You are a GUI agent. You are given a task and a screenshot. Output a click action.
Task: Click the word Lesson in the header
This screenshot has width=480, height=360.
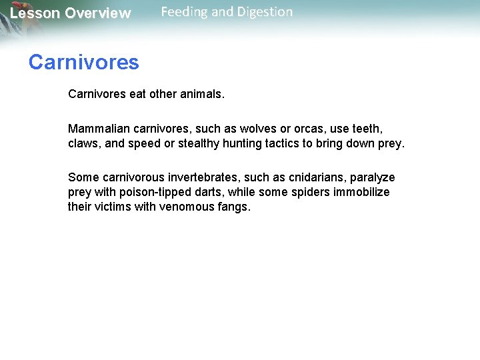click(35, 13)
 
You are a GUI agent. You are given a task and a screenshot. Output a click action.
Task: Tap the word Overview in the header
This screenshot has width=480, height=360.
click(98, 13)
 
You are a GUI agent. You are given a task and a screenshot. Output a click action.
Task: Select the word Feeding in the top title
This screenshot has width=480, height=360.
click(184, 12)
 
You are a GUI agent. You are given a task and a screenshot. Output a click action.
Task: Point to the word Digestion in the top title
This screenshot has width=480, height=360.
click(263, 12)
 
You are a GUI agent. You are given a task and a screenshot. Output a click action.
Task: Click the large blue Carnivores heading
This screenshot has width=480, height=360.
click(83, 63)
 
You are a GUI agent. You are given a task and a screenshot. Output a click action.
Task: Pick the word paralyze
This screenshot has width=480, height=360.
click(372, 177)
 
